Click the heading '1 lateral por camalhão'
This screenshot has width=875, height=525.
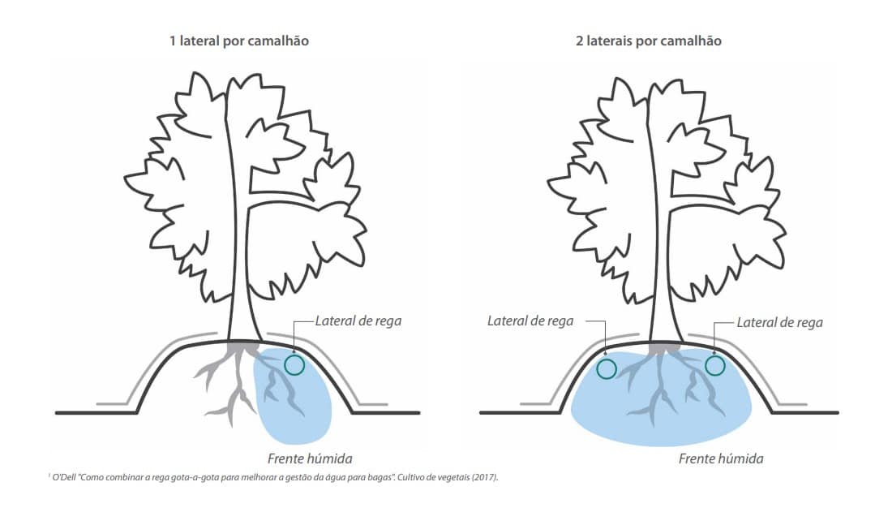[x=238, y=41]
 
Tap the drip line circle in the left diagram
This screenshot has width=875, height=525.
[x=294, y=364]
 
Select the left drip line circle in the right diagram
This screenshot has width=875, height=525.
[x=606, y=369]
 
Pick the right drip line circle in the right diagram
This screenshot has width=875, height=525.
[x=714, y=365]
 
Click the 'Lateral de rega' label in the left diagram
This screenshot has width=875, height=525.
[x=358, y=321]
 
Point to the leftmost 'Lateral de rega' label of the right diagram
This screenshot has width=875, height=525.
[x=530, y=321]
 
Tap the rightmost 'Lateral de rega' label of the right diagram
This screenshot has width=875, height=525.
[x=779, y=322]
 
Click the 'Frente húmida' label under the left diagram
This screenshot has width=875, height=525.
[x=310, y=458]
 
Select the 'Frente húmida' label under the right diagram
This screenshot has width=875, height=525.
[x=721, y=458]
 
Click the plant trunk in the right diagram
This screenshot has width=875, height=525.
[x=661, y=243]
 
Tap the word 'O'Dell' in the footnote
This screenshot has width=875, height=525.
[x=65, y=477]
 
